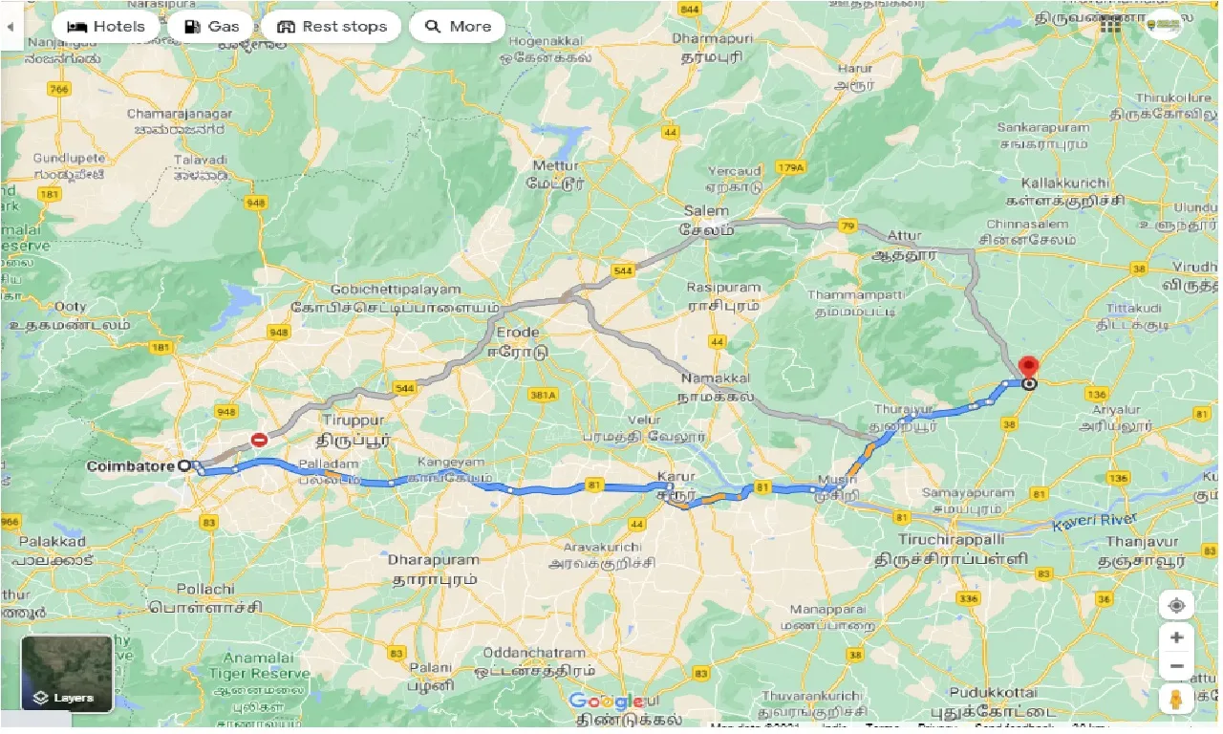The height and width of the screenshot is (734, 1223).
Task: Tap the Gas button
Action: pyautogui.click(x=211, y=26)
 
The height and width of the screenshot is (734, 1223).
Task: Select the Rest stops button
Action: pyautogui.click(x=332, y=26)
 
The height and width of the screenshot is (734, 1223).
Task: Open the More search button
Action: pyautogui.click(x=457, y=26)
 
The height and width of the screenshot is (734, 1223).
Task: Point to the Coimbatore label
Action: pyautogui.click(x=130, y=466)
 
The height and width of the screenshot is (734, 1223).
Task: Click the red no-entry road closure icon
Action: pyautogui.click(x=259, y=440)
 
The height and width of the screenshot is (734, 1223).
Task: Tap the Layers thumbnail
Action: pyautogui.click(x=67, y=673)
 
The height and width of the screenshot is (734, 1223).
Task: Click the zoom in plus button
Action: pyautogui.click(x=1176, y=637)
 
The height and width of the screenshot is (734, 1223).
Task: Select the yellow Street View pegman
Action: pyautogui.click(x=1176, y=699)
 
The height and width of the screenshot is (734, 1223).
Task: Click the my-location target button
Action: pyautogui.click(x=1176, y=606)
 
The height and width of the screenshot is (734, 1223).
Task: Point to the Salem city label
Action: pyautogui.click(x=706, y=211)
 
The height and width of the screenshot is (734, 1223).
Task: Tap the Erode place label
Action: pyautogui.click(x=517, y=333)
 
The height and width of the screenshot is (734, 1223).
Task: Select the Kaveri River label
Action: pyautogui.click(x=1094, y=523)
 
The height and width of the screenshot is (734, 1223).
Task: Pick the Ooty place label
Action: pyautogui.click(x=71, y=307)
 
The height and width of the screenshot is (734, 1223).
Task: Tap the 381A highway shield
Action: pyautogui.click(x=543, y=394)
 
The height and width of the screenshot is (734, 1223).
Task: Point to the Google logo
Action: pyautogui.click(x=606, y=702)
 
